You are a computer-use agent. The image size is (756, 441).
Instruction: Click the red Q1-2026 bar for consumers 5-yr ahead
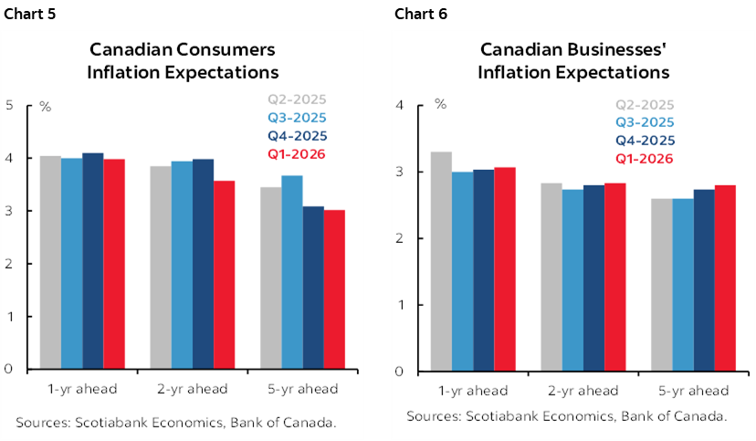coord(335,289)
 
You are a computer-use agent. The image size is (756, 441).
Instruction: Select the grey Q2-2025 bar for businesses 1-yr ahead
coord(441,261)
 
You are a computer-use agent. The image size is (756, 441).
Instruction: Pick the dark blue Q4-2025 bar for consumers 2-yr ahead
coord(203,264)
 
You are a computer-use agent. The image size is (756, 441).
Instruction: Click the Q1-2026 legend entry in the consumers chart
coord(296,153)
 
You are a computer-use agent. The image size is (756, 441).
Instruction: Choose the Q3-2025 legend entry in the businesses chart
coord(645,122)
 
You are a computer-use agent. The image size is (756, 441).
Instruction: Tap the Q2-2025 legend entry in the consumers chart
coord(296,100)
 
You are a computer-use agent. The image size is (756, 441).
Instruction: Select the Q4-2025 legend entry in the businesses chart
coord(645,141)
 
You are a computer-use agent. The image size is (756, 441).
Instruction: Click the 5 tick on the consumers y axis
coord(9,105)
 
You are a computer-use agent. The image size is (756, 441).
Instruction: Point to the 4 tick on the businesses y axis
coord(398,105)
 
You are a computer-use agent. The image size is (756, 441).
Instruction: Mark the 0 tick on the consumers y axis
coord(9,370)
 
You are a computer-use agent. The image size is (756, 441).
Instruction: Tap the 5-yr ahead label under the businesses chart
coord(692,391)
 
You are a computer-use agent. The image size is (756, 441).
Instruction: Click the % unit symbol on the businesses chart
coord(440,104)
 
